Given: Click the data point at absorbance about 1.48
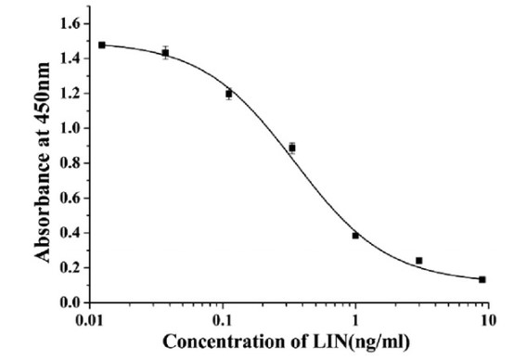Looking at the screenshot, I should [x=101, y=45].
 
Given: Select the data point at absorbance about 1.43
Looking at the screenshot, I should [x=165, y=53].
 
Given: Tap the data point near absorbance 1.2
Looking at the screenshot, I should [x=228, y=94].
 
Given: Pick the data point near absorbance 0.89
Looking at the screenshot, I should [x=291, y=148].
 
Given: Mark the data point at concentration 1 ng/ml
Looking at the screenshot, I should [x=355, y=236].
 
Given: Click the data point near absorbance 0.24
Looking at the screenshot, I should [x=419, y=261].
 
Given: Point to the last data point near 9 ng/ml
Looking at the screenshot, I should [x=482, y=279].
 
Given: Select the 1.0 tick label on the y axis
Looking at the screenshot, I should [x=68, y=128].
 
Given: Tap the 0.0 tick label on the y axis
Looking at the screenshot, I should [x=68, y=302].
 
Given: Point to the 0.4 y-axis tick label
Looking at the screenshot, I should [x=68, y=233].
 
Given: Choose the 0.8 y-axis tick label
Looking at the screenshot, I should [x=68, y=163].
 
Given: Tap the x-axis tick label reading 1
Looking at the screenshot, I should [x=355, y=320].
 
